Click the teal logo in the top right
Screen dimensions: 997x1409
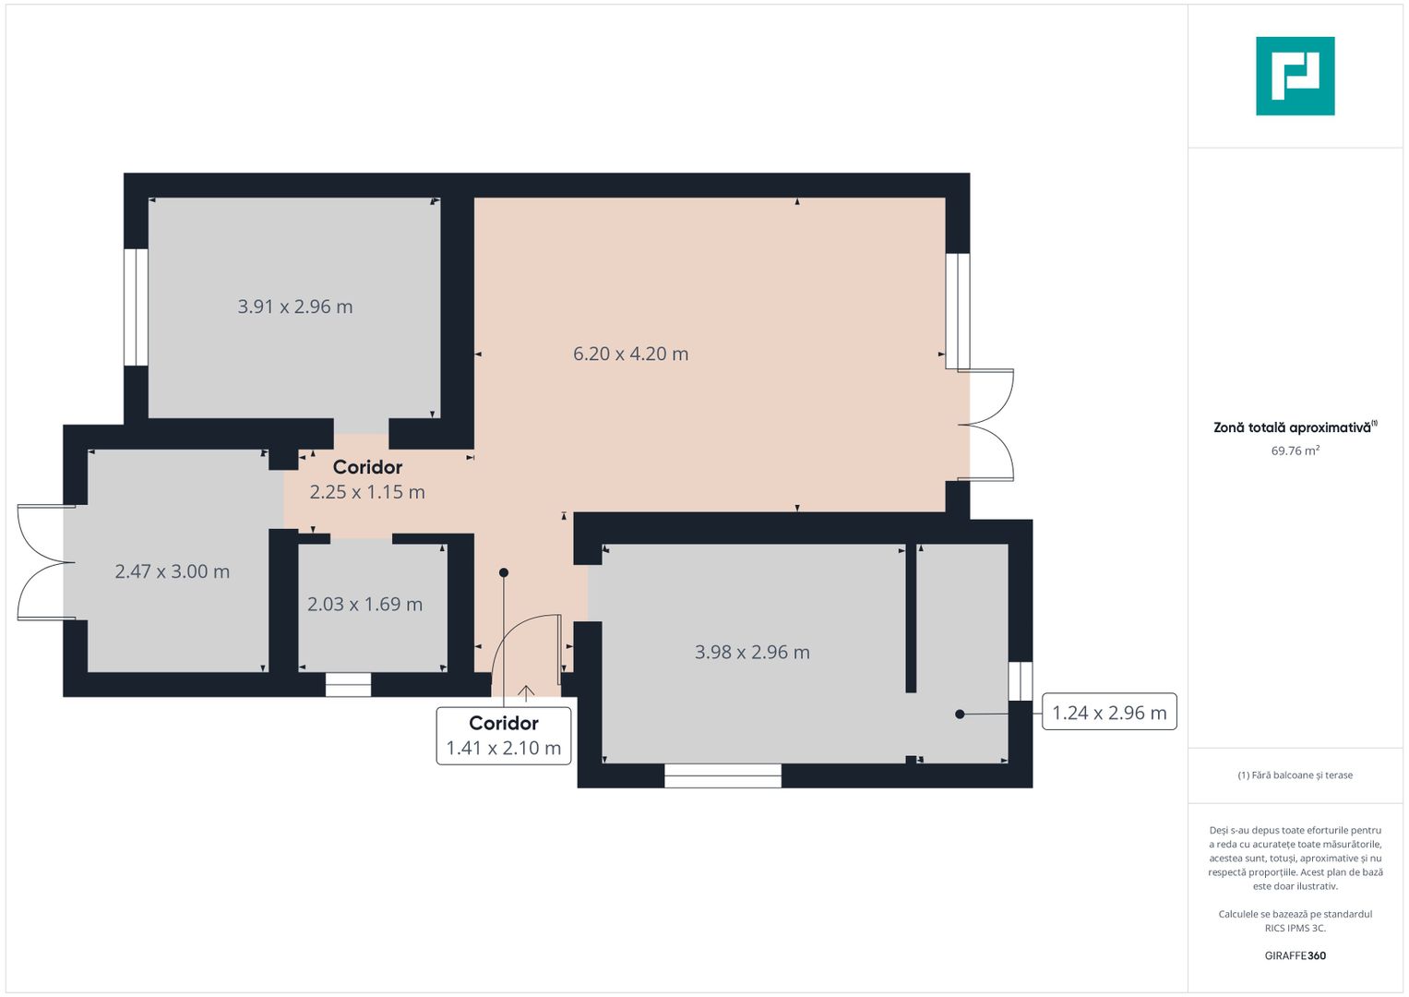pos(1295,76)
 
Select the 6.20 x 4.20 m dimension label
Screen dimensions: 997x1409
pos(630,354)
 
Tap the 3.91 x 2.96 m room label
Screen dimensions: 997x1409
pos(295,306)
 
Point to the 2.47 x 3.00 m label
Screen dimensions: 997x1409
pos(173,571)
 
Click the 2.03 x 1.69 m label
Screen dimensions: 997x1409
pos(364,604)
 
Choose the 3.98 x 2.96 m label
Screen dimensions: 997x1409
pos(752,652)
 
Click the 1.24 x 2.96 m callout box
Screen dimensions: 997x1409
pos(1109,712)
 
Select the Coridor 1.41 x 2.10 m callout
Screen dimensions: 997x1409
pos(504,736)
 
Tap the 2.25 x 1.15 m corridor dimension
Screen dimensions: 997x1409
pos(367,492)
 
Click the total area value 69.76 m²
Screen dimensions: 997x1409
pos(1295,450)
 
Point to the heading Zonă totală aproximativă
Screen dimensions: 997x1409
pos(1293,427)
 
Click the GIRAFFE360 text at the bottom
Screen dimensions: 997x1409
pos(1295,955)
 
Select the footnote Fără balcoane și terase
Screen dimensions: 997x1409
pos(1295,775)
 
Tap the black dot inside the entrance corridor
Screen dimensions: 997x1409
pos(504,572)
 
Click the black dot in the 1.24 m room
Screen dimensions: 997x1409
pos(960,714)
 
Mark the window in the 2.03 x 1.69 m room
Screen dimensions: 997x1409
pos(348,684)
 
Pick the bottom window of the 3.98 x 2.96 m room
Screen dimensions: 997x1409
pos(722,775)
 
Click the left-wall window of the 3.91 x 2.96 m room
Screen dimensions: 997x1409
pos(136,306)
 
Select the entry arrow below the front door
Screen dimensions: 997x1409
pos(526,693)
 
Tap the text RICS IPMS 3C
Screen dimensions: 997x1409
pos(1295,928)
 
